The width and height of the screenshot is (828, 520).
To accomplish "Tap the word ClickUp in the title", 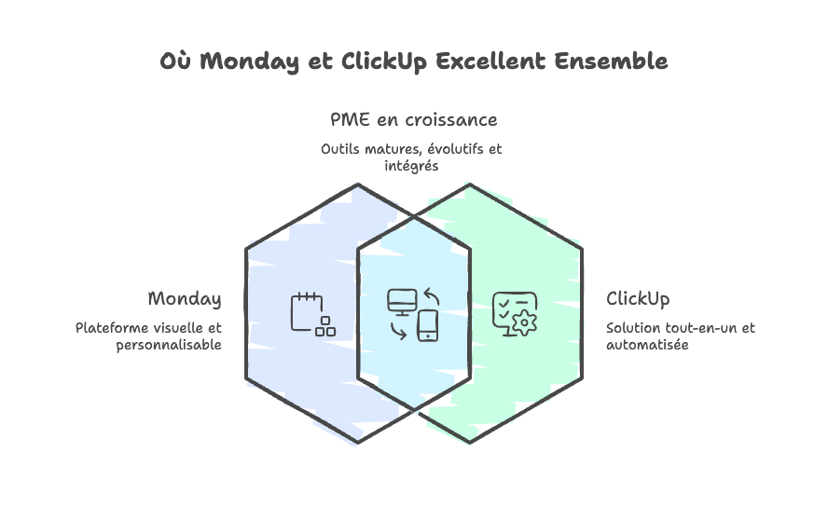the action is pyautogui.click(x=379, y=62).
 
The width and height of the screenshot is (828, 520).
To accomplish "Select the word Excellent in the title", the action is pyautogui.click(x=490, y=62).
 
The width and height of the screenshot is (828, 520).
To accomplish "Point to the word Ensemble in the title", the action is pyautogui.click(x=611, y=62).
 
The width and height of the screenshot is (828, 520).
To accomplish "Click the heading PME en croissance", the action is pyautogui.click(x=413, y=120).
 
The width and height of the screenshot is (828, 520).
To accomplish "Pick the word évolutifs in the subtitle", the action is pyautogui.click(x=448, y=149).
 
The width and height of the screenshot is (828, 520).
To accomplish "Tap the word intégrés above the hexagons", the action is pyautogui.click(x=411, y=166).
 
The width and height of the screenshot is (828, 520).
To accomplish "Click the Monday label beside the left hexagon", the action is pyautogui.click(x=185, y=299).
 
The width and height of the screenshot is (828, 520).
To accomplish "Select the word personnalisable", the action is pyautogui.click(x=170, y=345).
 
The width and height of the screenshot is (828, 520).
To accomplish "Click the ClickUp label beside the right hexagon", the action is pyautogui.click(x=638, y=299).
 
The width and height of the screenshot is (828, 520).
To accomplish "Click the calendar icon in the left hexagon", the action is pyautogui.click(x=306, y=310).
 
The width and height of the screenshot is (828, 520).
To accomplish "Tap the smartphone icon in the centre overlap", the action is pyautogui.click(x=428, y=324).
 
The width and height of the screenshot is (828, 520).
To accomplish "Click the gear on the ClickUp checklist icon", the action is pyautogui.click(x=526, y=322).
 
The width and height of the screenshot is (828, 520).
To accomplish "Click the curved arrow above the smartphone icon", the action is pyautogui.click(x=431, y=297).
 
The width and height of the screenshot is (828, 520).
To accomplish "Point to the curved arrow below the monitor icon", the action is pyautogui.click(x=398, y=330).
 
